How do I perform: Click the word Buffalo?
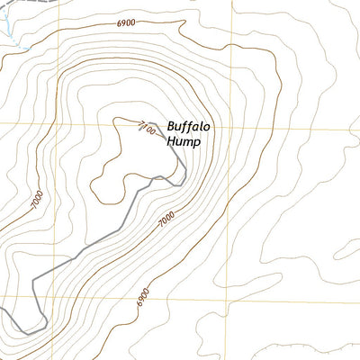(189, 128)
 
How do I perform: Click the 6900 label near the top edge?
(126, 22)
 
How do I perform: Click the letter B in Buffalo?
(171, 128)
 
